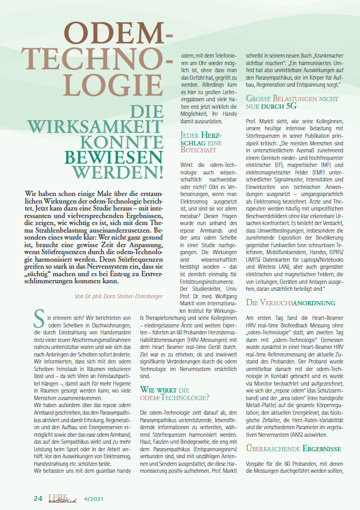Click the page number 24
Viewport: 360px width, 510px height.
(x=38, y=498)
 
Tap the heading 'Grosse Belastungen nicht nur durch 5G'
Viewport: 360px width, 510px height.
(x=292, y=103)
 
